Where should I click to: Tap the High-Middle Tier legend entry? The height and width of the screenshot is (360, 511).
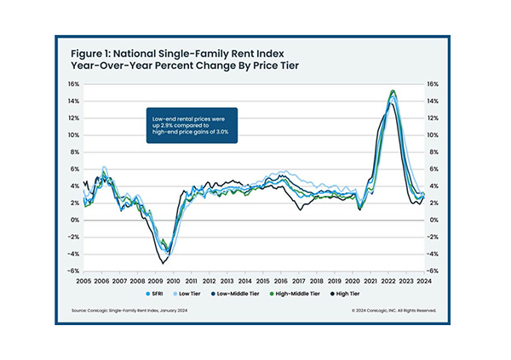(314, 294)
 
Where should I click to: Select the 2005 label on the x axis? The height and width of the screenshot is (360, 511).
(83, 280)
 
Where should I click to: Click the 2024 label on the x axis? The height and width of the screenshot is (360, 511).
(422, 280)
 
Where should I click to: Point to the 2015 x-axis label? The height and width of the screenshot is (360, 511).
(261, 280)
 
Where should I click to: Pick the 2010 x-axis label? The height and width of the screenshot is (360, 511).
(173, 280)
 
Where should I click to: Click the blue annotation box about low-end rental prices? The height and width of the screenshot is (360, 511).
(188, 124)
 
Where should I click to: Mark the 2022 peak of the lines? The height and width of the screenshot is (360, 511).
(392, 91)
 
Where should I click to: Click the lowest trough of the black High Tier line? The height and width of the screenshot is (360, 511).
(162, 263)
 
